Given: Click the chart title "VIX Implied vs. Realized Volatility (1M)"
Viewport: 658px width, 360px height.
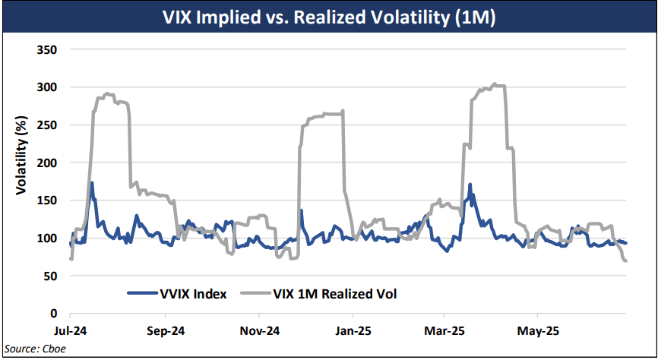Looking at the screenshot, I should [329, 17].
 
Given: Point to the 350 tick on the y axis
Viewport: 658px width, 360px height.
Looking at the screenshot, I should [48, 49].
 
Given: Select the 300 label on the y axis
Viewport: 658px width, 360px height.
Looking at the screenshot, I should [48, 87].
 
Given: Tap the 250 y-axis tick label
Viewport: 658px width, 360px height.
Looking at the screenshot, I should [48, 125].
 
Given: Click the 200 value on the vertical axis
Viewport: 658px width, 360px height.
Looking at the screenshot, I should [48, 163].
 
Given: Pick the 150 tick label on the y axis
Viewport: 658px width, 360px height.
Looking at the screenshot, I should [48, 200].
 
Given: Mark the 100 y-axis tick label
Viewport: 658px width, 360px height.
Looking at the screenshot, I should [48, 238].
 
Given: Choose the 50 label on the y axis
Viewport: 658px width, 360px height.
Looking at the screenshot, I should [51, 276].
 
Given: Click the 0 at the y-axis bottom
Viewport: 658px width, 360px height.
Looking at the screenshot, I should [54, 313].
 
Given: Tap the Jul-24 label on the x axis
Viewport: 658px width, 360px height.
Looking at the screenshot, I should [70, 331].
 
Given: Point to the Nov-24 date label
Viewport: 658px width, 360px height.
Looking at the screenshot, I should [258, 331].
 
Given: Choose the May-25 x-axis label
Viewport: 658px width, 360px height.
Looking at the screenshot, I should [537, 331].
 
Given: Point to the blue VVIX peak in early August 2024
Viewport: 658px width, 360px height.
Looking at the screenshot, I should [92, 183].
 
